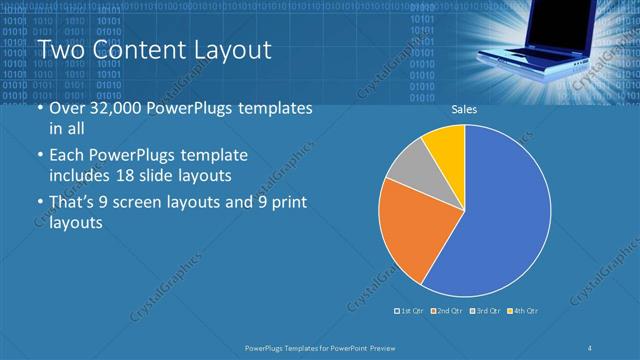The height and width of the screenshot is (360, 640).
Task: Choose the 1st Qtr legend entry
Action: pyautogui.click(x=410, y=311)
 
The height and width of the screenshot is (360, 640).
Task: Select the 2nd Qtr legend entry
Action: pyautogui.click(x=447, y=311)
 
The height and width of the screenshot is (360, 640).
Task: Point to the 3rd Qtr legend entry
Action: pyautogui.click(x=485, y=311)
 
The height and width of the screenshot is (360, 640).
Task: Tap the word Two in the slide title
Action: pyautogui.click(x=57, y=51)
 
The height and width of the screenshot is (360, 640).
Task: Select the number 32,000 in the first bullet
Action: pyautogui.click(x=116, y=109)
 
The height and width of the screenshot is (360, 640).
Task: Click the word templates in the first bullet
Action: pyautogui.click(x=273, y=109)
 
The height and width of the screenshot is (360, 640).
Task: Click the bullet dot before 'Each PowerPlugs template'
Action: pyautogui.click(x=40, y=157)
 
